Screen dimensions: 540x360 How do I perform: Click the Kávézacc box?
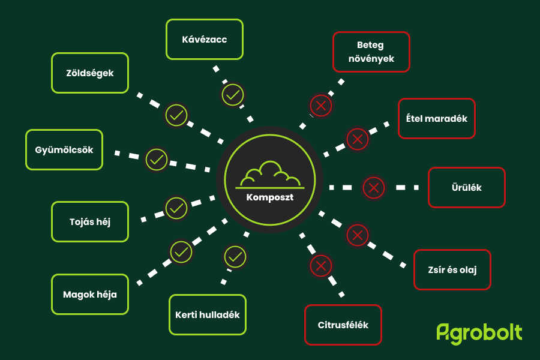tap(205, 39)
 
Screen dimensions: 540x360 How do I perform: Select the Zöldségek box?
tap(90, 73)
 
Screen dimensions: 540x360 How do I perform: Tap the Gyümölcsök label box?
tap(64, 150)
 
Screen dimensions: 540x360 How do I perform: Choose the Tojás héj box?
tap(90, 222)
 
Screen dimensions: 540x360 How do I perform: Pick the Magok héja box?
tap(90, 295)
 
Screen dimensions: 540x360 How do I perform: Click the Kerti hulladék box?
tap(208, 315)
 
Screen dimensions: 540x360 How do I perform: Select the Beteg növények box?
tap(371, 52)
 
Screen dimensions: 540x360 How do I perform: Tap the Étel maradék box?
tap(437, 119)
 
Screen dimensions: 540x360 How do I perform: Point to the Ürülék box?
tap(467, 187)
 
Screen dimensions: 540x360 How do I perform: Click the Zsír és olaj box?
tap(452, 270)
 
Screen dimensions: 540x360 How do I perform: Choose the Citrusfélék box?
tap(343, 325)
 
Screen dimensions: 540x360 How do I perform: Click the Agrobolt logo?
tap(479, 334)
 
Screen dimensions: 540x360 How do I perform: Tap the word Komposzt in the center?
tap(270, 197)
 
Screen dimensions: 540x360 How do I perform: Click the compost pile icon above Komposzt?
tap(270, 175)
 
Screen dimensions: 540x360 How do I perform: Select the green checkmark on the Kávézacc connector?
tap(233, 95)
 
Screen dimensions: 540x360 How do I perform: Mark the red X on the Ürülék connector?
tap(374, 188)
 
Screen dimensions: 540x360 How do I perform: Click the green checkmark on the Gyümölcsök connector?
tap(157, 160)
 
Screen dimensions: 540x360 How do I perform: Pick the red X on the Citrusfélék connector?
tap(321, 266)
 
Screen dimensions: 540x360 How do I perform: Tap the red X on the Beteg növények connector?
tap(321, 106)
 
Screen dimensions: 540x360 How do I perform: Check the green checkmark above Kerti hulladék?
tap(235, 257)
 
